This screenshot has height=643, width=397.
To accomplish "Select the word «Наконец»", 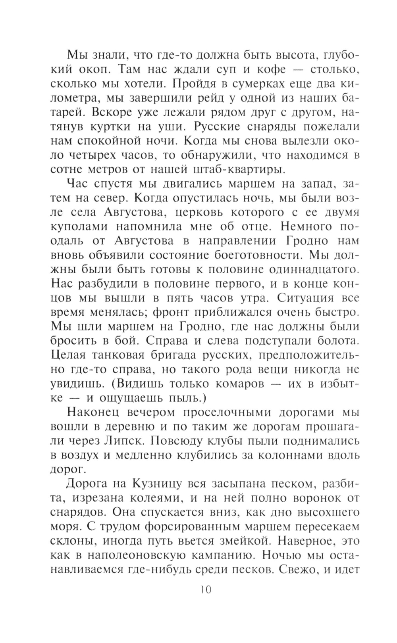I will pyautogui.click(x=94, y=412).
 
